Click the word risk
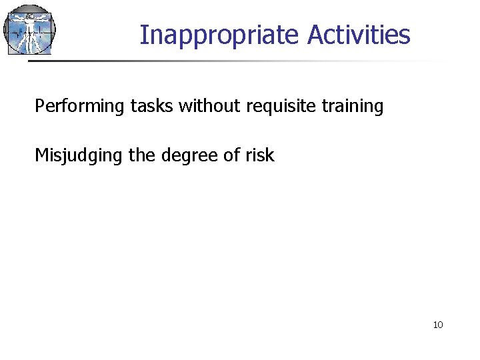coord(261,155)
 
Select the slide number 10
coord(438,325)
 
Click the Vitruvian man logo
coord(29,29)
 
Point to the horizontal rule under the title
coord(233,61)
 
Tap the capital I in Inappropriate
coord(143,35)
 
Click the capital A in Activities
coord(315,35)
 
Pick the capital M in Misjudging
coord(41,155)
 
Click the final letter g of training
coord(379,108)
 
